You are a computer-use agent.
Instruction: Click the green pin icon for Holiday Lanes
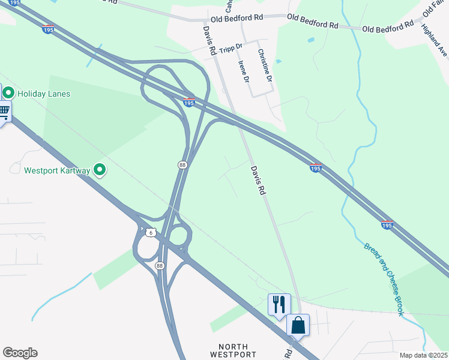8,93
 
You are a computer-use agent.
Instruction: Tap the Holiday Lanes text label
44,94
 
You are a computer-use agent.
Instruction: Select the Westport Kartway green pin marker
100,171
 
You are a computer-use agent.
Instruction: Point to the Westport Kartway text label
57,170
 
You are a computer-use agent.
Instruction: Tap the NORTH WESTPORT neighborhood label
234,350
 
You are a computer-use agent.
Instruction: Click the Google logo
20,353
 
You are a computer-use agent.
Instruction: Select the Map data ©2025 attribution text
424,355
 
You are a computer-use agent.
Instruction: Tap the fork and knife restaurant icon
279,304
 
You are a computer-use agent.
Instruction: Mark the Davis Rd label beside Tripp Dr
209,41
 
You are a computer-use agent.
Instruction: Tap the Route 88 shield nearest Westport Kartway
182,164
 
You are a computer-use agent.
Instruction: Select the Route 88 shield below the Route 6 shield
159,265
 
